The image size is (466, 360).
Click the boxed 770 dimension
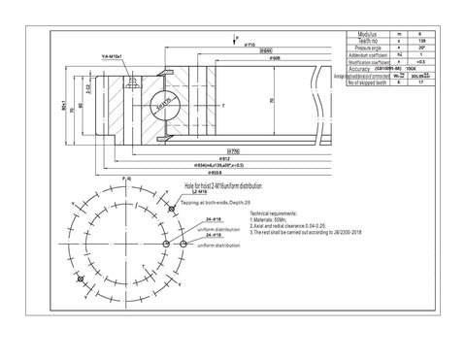(x=234, y=151)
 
